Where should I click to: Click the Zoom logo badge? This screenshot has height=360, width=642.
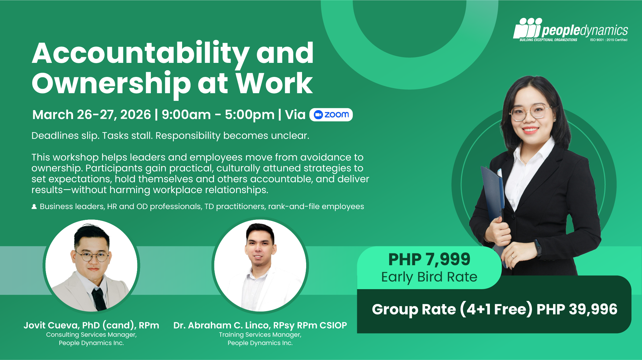331,115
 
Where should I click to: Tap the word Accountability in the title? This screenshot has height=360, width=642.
141,54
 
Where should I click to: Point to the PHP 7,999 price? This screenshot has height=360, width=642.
429,259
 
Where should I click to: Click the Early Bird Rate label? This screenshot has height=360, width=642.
429,277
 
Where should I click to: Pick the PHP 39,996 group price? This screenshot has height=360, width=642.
577,309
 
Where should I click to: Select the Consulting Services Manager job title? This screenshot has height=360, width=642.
91,335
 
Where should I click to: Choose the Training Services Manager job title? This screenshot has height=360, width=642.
260,335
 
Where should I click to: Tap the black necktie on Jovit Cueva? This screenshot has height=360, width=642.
99,299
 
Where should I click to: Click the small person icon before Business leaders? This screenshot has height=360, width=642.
34,206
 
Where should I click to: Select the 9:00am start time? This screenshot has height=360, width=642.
186,115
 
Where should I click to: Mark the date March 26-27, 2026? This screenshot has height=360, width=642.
92,115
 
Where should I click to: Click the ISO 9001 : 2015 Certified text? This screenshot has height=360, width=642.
609,40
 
